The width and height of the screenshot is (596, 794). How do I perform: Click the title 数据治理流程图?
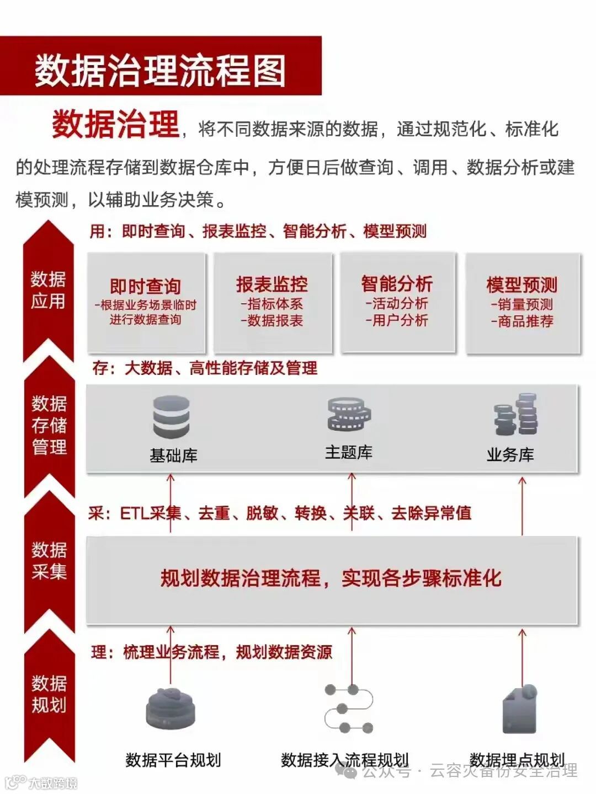coord(160,70)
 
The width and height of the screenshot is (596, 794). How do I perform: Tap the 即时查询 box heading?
coord(146,286)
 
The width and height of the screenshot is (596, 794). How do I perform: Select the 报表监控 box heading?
coord(272,284)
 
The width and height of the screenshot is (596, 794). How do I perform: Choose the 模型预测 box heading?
coord(521,285)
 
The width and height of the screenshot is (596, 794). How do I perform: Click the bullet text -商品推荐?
coord(523,321)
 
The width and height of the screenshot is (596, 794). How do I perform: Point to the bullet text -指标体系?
coord(272,304)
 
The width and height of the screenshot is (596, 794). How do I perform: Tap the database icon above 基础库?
coord(171,417)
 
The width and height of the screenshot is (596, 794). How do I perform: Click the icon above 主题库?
coord(349,415)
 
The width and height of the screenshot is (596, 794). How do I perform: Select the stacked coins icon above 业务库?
coord(516,414)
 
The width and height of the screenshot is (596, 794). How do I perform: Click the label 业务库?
coord(510,455)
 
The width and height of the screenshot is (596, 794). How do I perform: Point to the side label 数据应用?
coord(48,290)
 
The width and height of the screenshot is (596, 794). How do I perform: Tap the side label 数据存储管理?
coord(49,425)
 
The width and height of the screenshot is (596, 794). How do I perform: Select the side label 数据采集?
coord(49,560)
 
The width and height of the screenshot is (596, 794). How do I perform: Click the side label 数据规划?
coord(49,694)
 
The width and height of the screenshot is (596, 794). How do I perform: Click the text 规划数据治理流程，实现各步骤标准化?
coord(331,578)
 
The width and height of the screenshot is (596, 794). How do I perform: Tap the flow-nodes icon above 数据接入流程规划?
coord(349,709)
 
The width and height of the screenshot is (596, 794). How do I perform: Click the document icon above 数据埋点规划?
coord(519,709)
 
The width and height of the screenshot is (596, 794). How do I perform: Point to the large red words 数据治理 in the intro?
coord(116,124)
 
